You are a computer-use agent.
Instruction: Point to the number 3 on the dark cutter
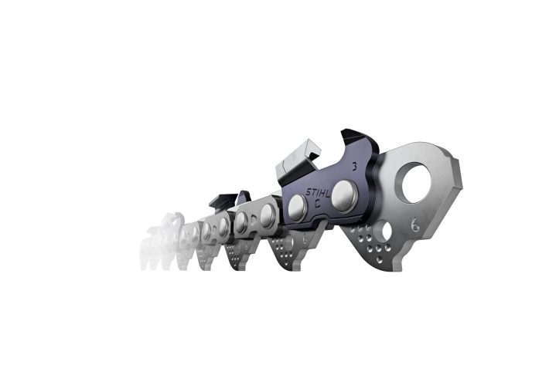[353, 166]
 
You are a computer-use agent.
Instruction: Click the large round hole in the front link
[417, 181]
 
